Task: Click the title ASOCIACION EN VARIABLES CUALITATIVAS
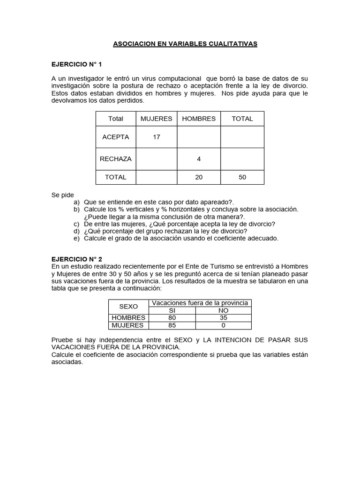(185, 44)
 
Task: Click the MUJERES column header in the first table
(156, 119)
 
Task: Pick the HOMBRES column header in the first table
(199, 119)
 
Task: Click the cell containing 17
(156, 137)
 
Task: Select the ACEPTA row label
(116, 137)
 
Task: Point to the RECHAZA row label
(116, 159)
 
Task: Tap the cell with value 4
(199, 159)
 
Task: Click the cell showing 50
(242, 177)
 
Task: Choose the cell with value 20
(199, 177)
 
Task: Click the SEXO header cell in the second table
(128, 307)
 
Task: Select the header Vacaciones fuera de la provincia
(200, 303)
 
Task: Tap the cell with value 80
(172, 318)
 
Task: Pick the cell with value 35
(223, 318)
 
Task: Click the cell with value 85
(172, 325)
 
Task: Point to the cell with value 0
(223, 325)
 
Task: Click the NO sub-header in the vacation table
(223, 310)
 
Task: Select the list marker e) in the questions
(76, 238)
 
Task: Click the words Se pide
(63, 195)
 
